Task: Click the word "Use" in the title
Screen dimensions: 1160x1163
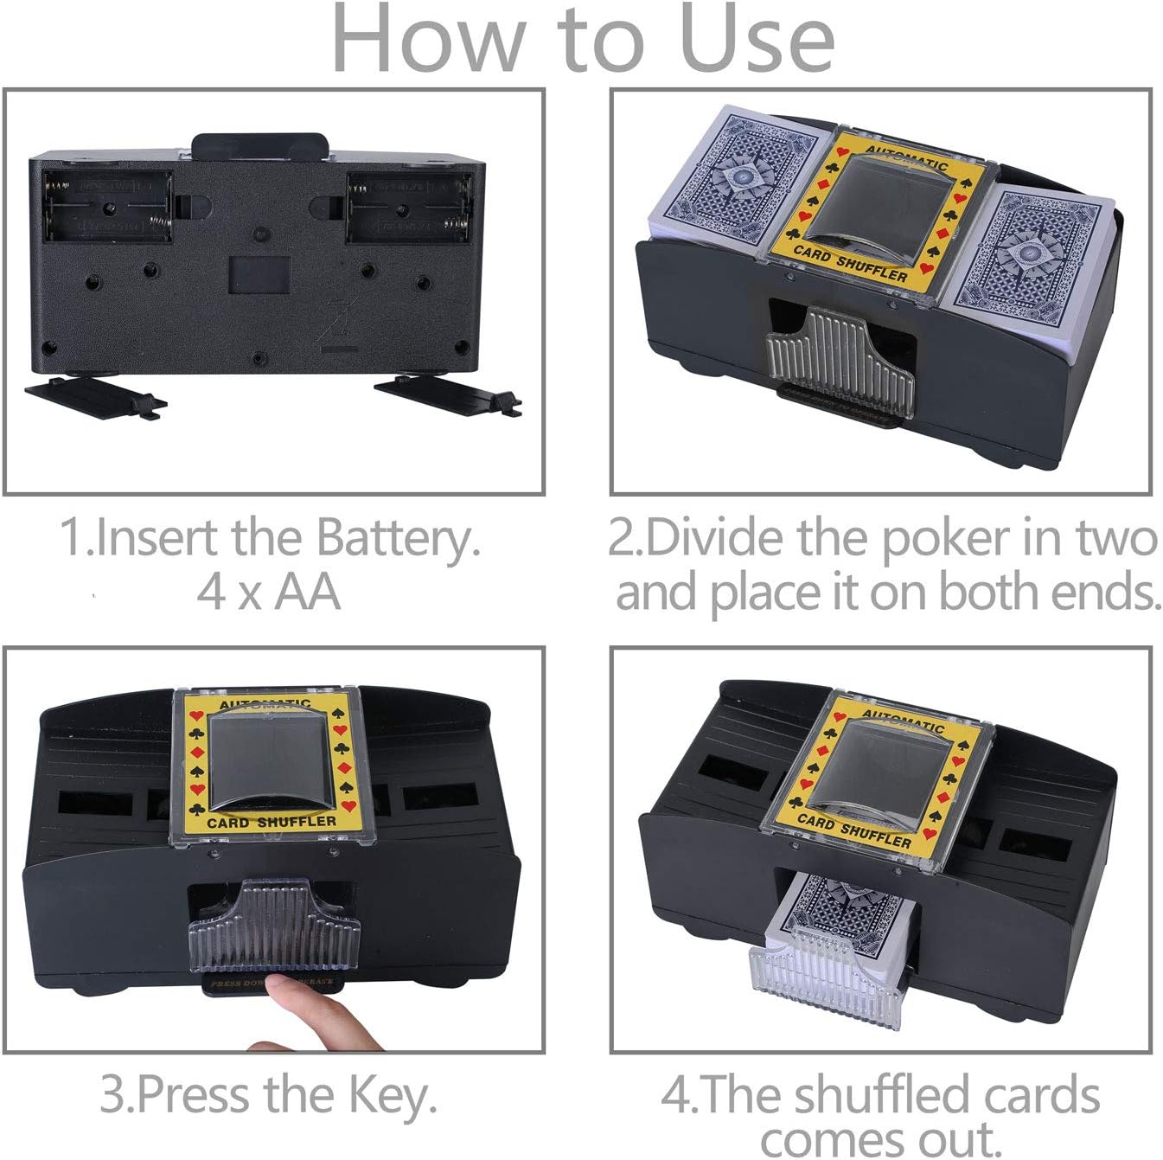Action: pos(757,40)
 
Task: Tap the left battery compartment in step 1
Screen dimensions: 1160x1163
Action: pos(107,206)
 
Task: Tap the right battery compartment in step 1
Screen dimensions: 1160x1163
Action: pos(409,206)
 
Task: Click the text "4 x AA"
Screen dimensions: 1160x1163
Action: pos(269,593)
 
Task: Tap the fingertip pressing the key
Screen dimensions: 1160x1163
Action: pos(282,986)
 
